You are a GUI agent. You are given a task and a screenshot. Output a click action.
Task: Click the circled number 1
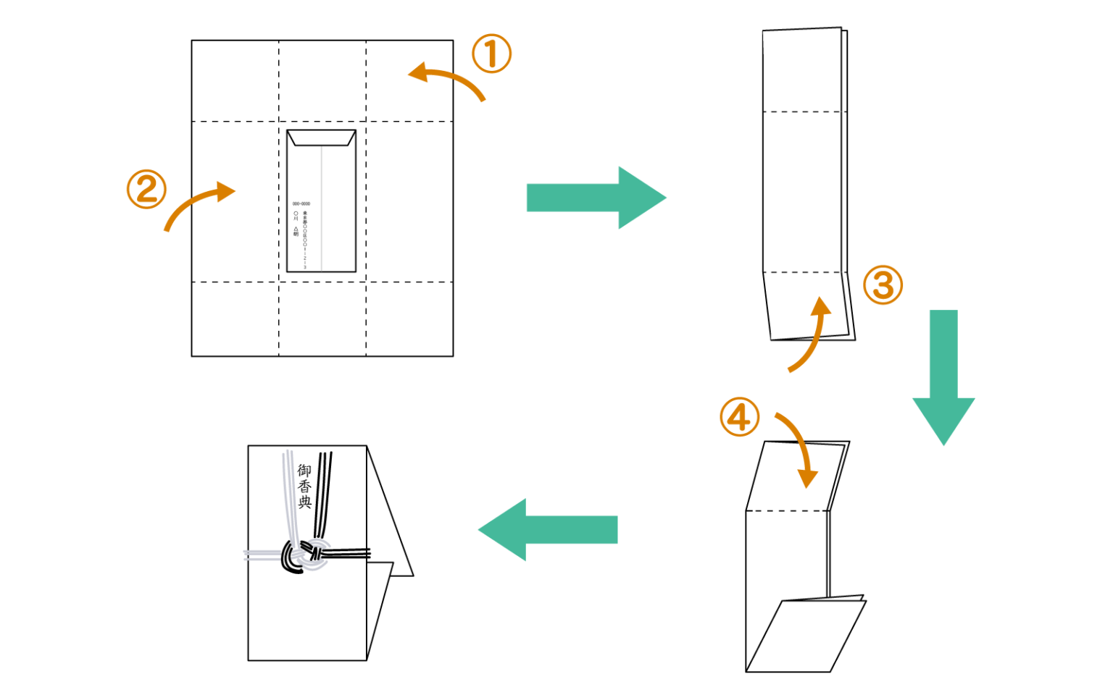491,54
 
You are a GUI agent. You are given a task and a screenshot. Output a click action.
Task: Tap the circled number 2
146,190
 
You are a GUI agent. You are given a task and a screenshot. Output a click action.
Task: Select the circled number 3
883,285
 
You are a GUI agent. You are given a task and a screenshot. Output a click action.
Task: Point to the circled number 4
739,417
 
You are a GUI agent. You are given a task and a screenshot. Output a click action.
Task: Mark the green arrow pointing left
548,529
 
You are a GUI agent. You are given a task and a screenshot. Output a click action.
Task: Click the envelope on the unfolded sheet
321,201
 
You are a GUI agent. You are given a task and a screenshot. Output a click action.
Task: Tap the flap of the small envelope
321,138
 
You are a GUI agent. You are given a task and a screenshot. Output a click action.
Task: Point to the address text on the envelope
301,232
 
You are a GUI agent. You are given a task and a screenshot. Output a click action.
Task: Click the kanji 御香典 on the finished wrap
305,486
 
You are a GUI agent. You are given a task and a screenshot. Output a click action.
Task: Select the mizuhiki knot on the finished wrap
304,555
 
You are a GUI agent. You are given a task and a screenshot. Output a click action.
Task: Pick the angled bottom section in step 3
807,306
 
